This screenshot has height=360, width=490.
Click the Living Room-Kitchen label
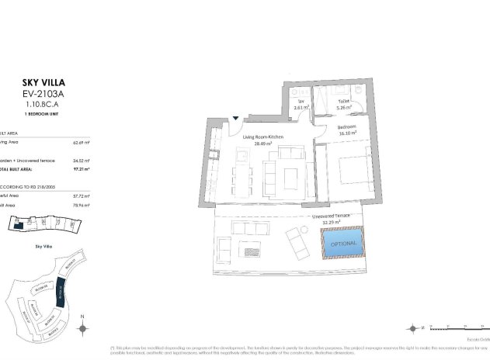[x=262, y=137]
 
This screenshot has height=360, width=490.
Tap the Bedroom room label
[x=346, y=126]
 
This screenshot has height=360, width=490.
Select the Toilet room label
[x=344, y=102]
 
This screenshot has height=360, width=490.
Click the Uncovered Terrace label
[x=331, y=217]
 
